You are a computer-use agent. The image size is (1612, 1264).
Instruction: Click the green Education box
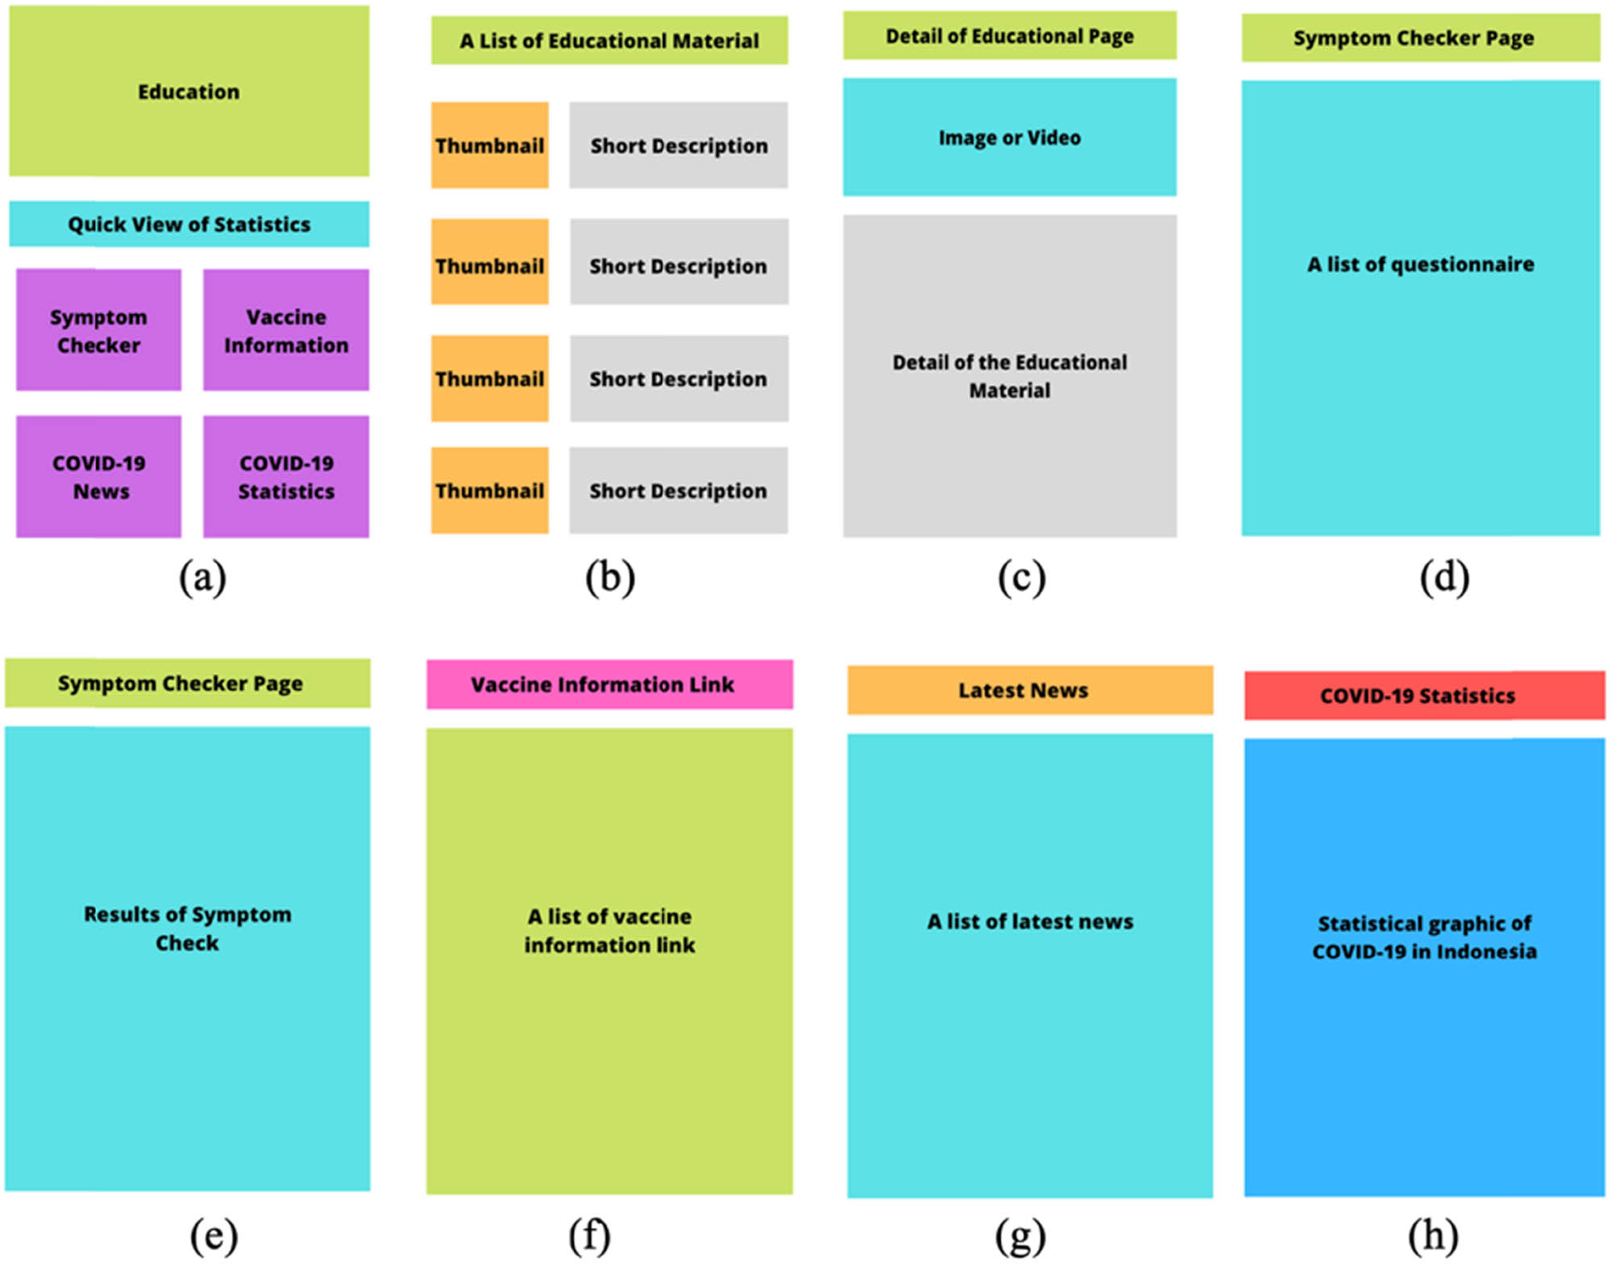[189, 91]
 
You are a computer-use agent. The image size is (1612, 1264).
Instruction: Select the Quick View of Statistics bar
[189, 224]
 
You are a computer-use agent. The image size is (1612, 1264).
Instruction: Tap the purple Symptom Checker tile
[98, 331]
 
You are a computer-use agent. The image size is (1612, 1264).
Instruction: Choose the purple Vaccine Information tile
[286, 331]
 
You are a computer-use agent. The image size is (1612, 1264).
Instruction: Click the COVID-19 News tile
[98, 476]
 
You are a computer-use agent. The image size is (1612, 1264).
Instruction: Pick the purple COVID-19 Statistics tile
[286, 476]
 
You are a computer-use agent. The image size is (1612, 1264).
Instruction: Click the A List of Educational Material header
[609, 40]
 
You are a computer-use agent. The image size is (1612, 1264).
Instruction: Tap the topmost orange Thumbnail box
[489, 145]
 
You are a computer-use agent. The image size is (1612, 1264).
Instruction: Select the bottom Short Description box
[679, 490]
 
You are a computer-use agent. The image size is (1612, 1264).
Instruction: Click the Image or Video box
[1009, 137]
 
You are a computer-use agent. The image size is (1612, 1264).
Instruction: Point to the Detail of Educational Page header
[1009, 36]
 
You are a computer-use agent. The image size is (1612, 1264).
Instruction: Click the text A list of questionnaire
[1420, 264]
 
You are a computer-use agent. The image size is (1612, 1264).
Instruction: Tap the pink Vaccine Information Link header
[609, 684]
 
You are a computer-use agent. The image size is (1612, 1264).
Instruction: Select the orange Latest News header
[1029, 690]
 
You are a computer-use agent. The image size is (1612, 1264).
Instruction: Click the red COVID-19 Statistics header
[1424, 695]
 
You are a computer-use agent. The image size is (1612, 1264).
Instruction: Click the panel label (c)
[1021, 577]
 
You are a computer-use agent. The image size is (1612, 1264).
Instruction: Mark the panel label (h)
[1433, 1234]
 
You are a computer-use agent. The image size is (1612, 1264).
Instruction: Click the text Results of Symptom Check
[187, 928]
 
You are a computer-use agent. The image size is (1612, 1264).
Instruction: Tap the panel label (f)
[589, 1234]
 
